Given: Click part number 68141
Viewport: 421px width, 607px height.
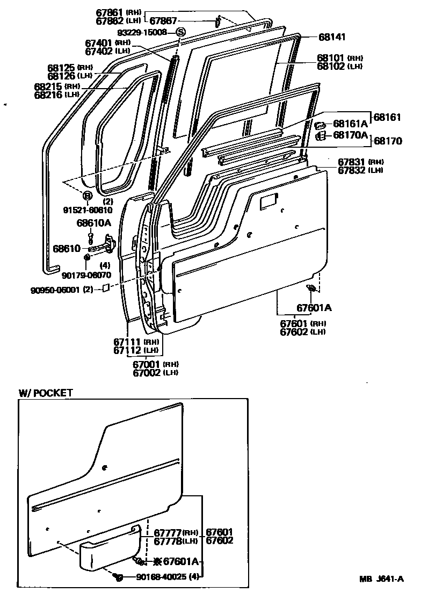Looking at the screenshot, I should pos(332,38).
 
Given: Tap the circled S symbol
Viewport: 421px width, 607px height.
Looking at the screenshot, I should pos(180,32).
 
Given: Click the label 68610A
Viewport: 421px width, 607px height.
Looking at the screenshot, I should pos(93,222).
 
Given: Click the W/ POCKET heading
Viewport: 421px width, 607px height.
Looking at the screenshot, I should pos(46,393).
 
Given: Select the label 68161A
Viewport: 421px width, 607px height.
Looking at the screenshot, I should pos(350,124).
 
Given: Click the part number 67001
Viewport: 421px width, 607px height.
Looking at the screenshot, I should pos(146,364).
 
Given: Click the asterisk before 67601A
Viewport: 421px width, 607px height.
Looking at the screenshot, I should pos(157,562).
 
